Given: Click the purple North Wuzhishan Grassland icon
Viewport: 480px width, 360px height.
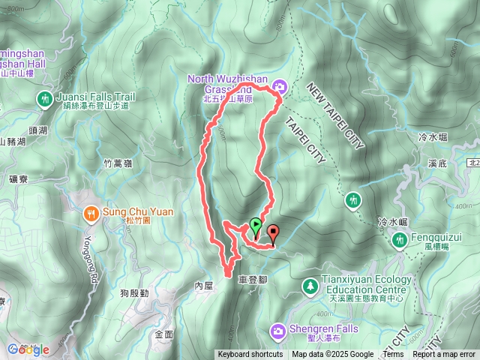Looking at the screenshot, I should click(x=280, y=85).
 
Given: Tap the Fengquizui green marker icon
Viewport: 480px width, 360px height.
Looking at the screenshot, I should click(x=398, y=238).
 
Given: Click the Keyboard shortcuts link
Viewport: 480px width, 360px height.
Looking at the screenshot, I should click(x=250, y=355).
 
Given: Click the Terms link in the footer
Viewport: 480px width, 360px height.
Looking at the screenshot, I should click(x=393, y=355).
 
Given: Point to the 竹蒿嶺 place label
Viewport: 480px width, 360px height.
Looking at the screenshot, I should click(x=117, y=162).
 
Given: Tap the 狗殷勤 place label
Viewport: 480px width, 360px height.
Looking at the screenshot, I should click(x=134, y=293).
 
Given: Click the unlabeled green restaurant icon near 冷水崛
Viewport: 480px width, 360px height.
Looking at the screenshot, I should click(x=353, y=200).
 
